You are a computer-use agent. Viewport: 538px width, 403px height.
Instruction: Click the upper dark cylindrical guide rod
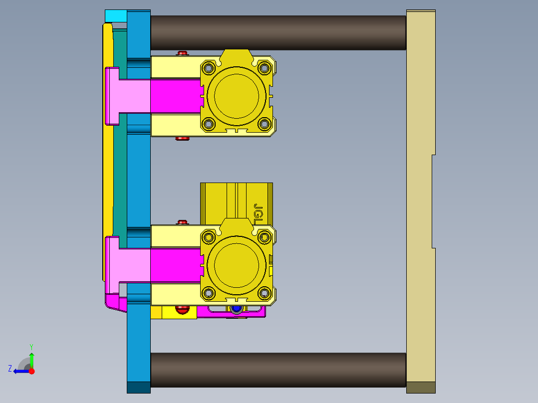pyautogui.click(x=278, y=32)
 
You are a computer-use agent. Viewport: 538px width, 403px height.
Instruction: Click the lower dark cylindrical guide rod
pyautogui.click(x=278, y=370)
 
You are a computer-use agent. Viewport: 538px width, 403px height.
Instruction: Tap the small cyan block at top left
pyautogui.click(x=116, y=16)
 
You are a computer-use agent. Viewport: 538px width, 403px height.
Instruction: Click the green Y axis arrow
pyautogui.click(x=31, y=358)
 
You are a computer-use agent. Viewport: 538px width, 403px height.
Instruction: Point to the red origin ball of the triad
pyautogui.click(x=31, y=371)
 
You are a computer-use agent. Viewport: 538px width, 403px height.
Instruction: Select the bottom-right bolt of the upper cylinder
pyautogui.click(x=265, y=124)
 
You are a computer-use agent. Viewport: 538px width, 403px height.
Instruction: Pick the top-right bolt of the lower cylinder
pyautogui.click(x=265, y=236)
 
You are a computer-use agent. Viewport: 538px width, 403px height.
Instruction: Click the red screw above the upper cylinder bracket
pyautogui.click(x=183, y=53)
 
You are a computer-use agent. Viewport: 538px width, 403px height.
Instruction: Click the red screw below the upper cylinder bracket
pyautogui.click(x=183, y=139)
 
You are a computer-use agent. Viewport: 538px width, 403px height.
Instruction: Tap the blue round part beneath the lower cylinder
pyautogui.click(x=236, y=310)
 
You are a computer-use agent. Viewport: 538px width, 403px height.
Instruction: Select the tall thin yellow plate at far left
pyautogui.click(x=107, y=150)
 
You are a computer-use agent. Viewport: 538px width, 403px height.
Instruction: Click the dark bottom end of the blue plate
pyautogui.click(x=138, y=387)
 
